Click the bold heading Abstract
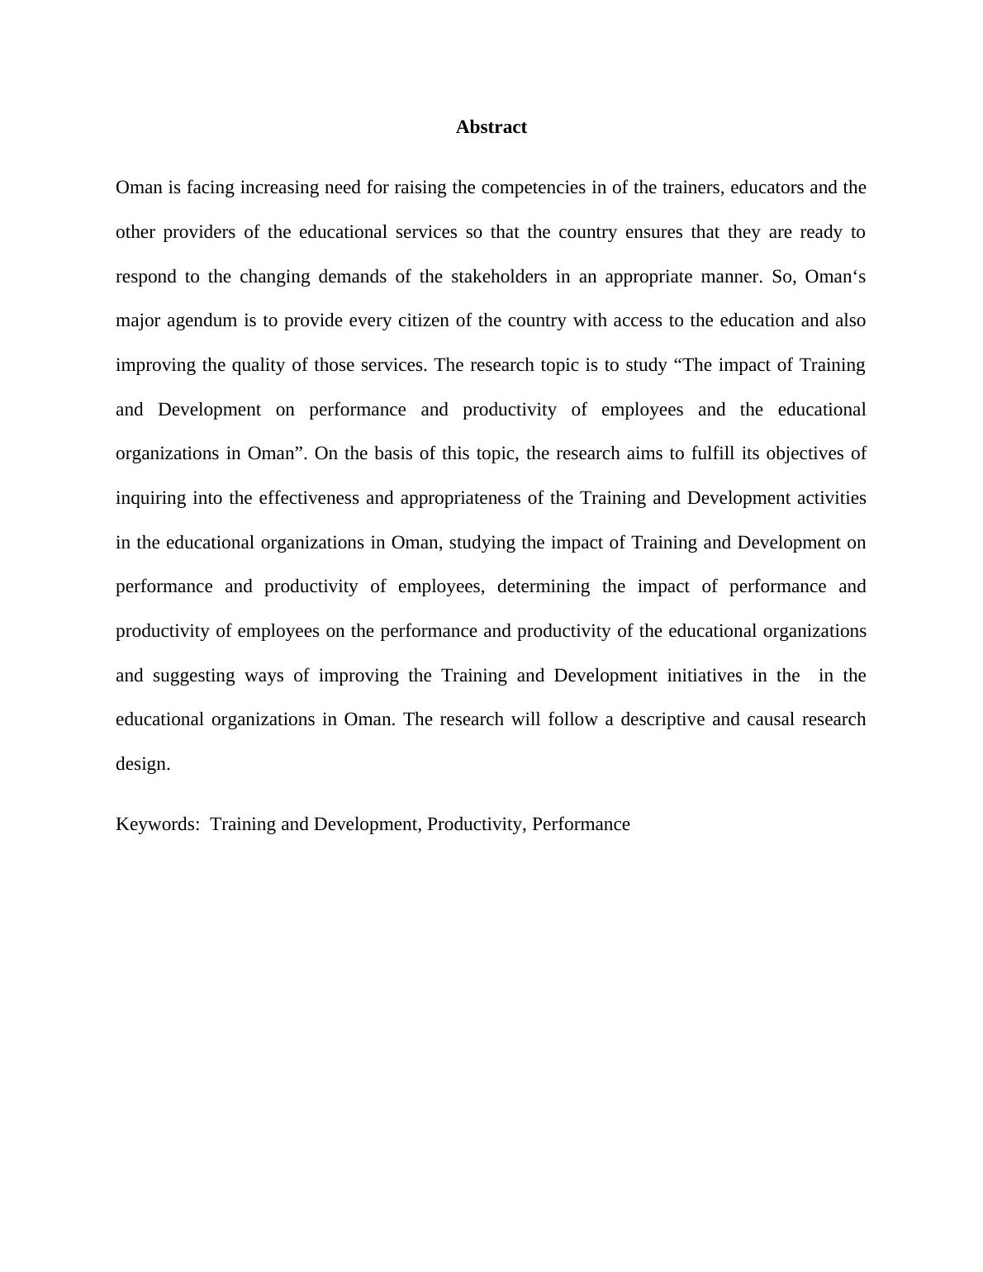[491, 127]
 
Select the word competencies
[533, 187]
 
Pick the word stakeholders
[499, 277]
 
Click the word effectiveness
[309, 498]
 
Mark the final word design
[142, 764]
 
